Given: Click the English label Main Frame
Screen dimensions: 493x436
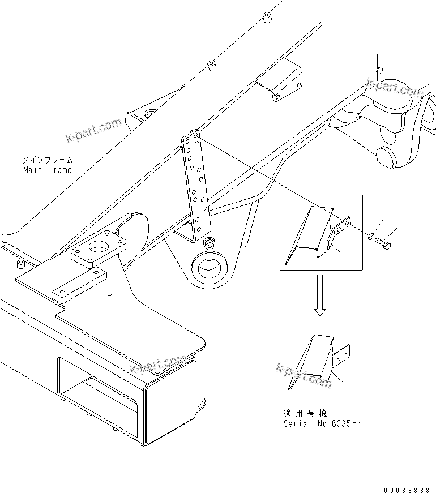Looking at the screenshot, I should tap(48, 169).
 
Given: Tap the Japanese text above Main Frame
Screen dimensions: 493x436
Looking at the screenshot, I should tap(48, 160).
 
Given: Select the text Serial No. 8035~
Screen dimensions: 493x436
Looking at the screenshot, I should tap(320, 423).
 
